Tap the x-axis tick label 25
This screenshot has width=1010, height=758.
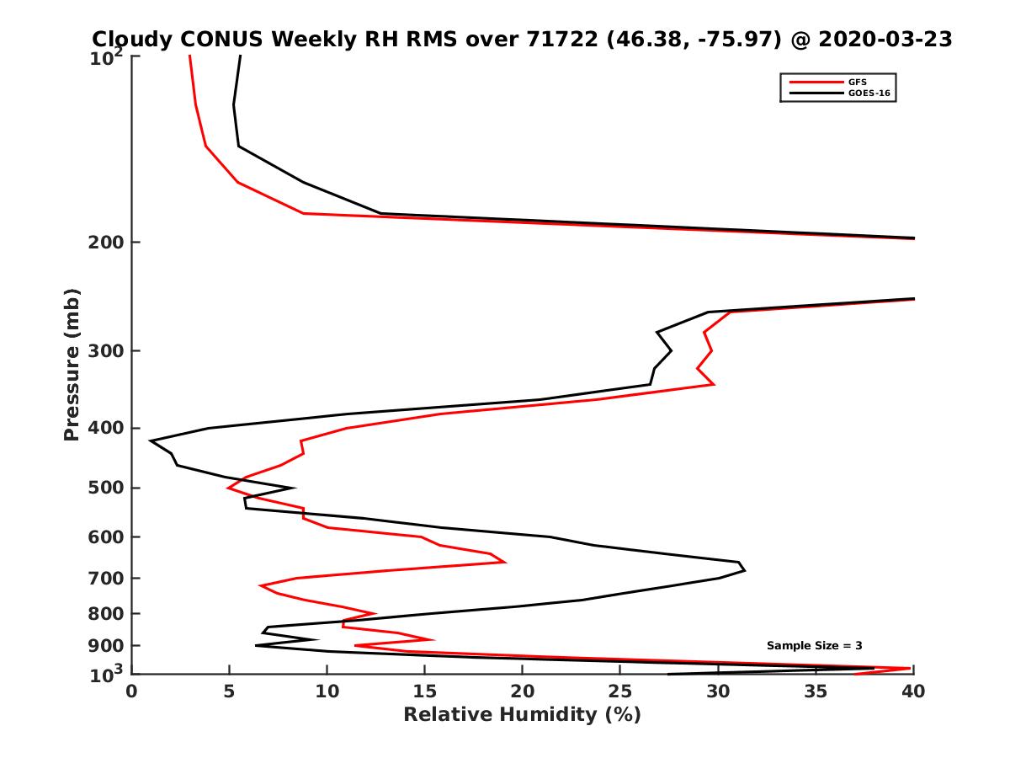[x=619, y=691]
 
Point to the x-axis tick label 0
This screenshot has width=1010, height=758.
[x=132, y=691]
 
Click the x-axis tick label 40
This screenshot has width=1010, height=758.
[x=913, y=691]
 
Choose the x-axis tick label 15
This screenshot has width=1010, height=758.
[x=424, y=691]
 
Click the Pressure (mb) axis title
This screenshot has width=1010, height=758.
[x=72, y=364]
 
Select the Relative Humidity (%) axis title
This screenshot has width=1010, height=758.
[x=522, y=715]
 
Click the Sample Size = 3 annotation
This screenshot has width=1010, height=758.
[x=814, y=645]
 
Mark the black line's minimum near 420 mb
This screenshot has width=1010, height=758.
[x=150, y=440]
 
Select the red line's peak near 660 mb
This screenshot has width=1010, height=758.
[x=506, y=562]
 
